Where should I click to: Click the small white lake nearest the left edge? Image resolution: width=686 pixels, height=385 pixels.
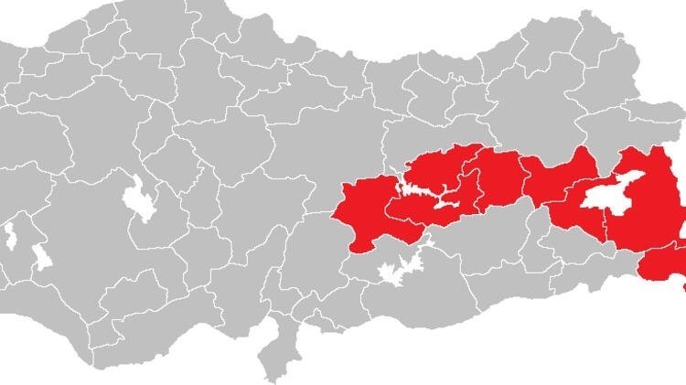tap(10, 236)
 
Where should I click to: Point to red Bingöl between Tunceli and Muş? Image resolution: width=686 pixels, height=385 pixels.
tap(498, 178)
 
